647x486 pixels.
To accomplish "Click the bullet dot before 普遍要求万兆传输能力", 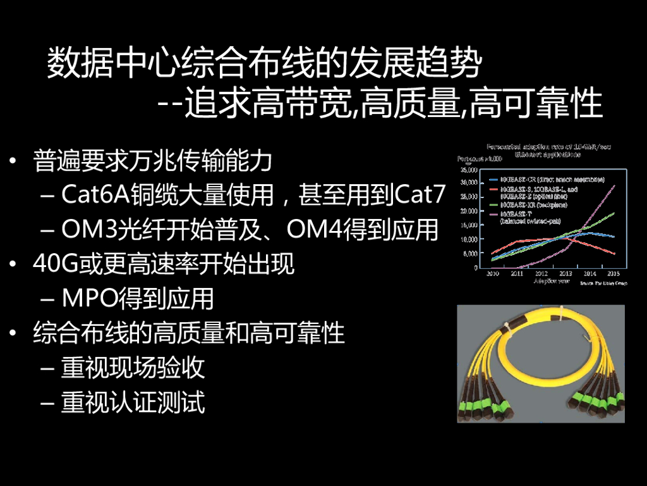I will [14, 161].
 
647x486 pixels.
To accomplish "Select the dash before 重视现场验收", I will [47, 368].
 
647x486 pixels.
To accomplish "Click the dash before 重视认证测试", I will [47, 402].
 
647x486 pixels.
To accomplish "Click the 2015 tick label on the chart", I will [612, 273].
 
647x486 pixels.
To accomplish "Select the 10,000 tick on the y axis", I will [468, 239].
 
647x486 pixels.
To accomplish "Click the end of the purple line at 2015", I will [614, 185].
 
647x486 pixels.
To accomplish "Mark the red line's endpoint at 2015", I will [614, 254].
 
